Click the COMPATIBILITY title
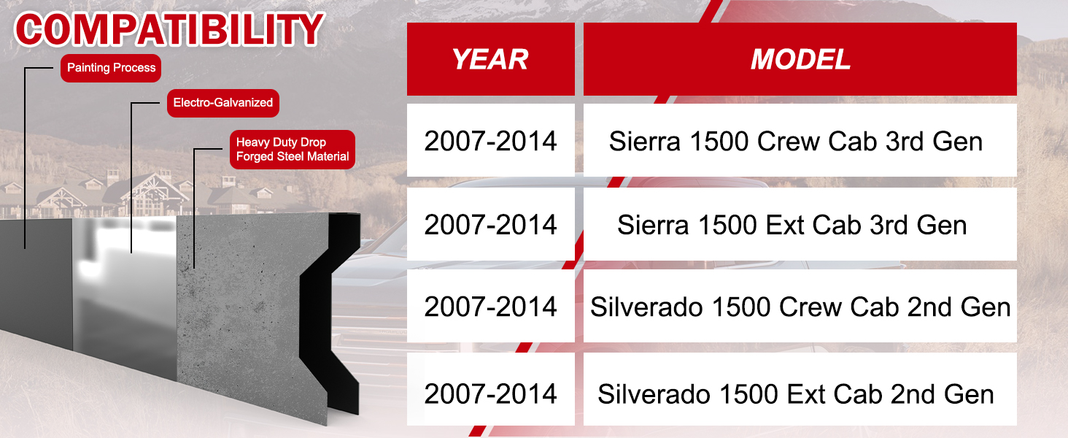click(170, 29)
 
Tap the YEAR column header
click(491, 59)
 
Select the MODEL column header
click(800, 59)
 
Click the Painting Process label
click(111, 68)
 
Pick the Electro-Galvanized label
click(222, 103)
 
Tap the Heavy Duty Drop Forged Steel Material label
click(293, 150)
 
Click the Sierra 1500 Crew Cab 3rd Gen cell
click(800, 140)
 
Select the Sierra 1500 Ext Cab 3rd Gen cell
click(800, 224)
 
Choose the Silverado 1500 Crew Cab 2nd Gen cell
click(800, 306)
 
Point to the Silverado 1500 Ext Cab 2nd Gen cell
click(800, 389)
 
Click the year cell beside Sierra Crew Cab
click(491, 140)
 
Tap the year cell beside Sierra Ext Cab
click(491, 224)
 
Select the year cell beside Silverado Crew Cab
click(491, 306)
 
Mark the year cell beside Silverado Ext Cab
click(491, 389)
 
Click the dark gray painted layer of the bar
click(36, 282)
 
